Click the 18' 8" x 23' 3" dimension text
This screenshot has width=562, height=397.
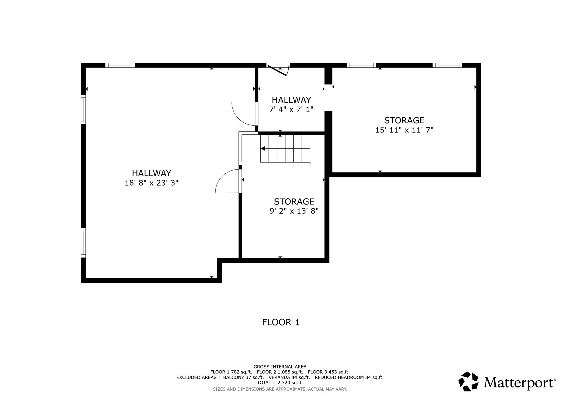click(151, 183)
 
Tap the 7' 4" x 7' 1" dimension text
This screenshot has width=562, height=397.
click(291, 109)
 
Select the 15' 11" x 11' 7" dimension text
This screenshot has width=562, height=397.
click(404, 130)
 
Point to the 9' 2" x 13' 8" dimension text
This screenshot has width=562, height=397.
click(294, 211)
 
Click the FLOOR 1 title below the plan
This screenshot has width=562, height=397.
click(280, 322)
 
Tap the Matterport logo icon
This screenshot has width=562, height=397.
click(468, 381)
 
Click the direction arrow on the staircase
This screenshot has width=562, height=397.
click(263, 149)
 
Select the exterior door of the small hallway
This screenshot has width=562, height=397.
click(277, 70)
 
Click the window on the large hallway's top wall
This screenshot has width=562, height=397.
click(120, 65)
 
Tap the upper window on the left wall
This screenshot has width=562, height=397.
click(83, 109)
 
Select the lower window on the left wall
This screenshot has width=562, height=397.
click(83, 243)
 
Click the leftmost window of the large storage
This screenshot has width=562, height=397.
click(361, 65)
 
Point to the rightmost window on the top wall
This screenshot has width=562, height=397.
click(447, 65)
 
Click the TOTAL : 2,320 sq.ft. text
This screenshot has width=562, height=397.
click(280, 382)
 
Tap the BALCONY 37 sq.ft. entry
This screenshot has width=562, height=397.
click(243, 377)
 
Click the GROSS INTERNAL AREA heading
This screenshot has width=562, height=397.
click(280, 367)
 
